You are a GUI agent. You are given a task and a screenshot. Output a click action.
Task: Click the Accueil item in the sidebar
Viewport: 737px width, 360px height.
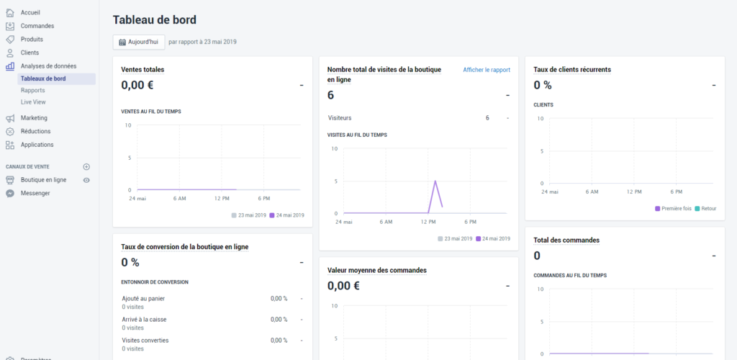(30, 12)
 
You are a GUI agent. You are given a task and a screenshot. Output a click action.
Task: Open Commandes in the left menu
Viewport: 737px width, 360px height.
(37, 26)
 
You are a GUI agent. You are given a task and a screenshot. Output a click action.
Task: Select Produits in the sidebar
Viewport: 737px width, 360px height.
(32, 39)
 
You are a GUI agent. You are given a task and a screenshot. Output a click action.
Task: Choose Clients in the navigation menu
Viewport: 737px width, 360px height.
(30, 53)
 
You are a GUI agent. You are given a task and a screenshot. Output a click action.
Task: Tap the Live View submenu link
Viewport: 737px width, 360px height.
(33, 102)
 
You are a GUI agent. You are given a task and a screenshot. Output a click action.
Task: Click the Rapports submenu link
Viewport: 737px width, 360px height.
(33, 91)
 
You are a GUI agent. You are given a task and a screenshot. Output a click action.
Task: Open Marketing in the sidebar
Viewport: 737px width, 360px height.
(34, 118)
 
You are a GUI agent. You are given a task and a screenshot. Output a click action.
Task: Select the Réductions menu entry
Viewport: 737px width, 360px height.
(35, 131)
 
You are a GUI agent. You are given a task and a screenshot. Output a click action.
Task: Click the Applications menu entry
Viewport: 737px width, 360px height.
(37, 145)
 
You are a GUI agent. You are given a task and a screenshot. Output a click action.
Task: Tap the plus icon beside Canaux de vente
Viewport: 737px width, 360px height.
(86, 166)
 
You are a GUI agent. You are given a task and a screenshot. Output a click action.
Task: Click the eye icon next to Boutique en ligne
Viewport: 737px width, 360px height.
(86, 180)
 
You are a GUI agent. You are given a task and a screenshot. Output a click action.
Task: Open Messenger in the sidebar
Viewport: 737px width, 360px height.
(35, 193)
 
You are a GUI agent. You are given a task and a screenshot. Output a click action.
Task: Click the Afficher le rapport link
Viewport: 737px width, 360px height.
(487, 70)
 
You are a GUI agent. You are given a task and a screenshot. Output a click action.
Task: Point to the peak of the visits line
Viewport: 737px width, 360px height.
(435, 181)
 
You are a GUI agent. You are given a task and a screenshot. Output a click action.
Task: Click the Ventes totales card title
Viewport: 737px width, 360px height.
(143, 70)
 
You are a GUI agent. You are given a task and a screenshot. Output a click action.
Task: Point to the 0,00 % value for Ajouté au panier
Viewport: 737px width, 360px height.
(279, 298)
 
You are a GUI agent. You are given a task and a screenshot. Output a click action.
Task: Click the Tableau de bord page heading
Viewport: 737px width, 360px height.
(155, 19)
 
